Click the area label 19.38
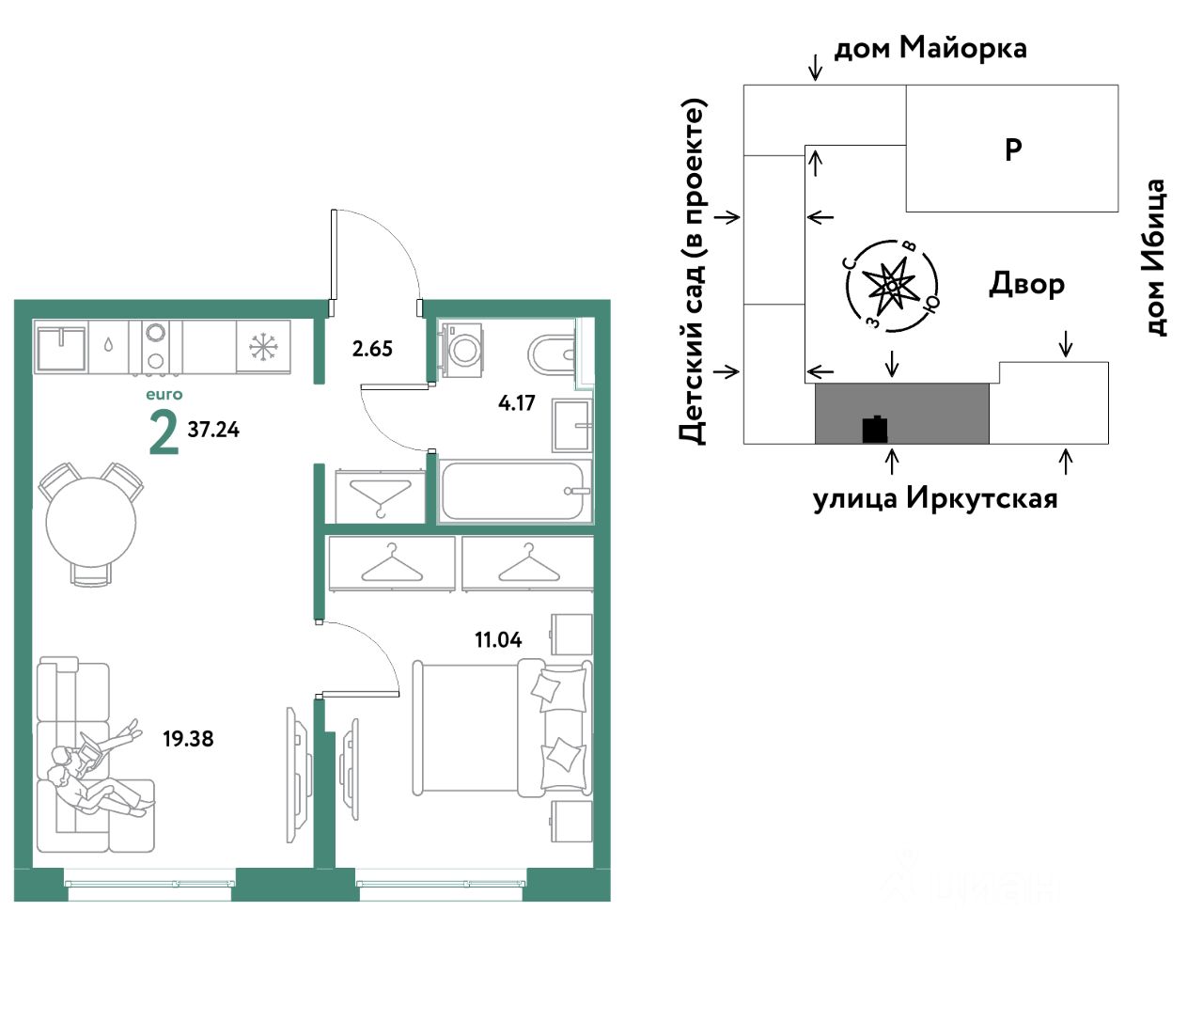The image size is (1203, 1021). [x=188, y=739]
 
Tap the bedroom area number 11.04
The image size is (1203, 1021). [x=497, y=640]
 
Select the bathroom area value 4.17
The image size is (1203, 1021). [x=516, y=403]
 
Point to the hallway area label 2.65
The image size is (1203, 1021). [x=372, y=349]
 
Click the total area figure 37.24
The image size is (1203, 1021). [x=213, y=430]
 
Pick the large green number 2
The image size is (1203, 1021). [x=164, y=433]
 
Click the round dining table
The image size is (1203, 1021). [x=91, y=522]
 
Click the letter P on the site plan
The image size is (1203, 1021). [x=1013, y=149]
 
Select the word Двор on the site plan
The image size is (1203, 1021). [x=1026, y=283]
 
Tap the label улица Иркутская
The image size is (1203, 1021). [x=934, y=497]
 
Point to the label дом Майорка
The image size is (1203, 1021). [x=930, y=47]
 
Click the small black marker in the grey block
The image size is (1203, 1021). [x=875, y=429]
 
